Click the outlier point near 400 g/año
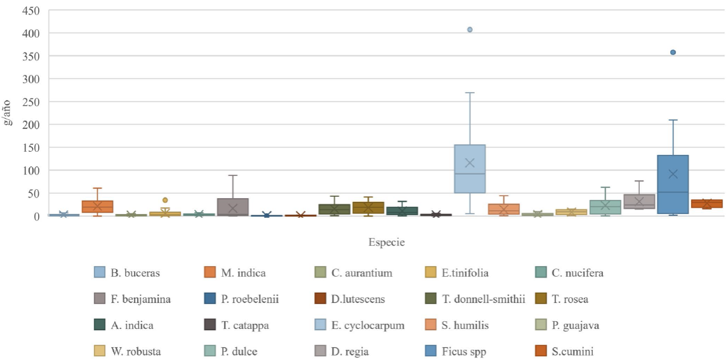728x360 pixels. click(x=470, y=30)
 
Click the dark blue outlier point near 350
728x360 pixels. click(x=673, y=52)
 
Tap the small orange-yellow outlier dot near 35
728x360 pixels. click(x=165, y=200)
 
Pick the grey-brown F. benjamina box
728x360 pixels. click(x=233, y=207)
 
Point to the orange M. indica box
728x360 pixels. click(x=98, y=206)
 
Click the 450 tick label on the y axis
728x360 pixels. click(x=31, y=10)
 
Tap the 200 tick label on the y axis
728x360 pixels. click(x=31, y=124)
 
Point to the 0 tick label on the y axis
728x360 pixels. click(x=37, y=216)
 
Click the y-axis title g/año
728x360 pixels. click(x=8, y=113)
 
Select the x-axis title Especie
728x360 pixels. click(x=387, y=242)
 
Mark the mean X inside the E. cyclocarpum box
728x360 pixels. click(x=470, y=163)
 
